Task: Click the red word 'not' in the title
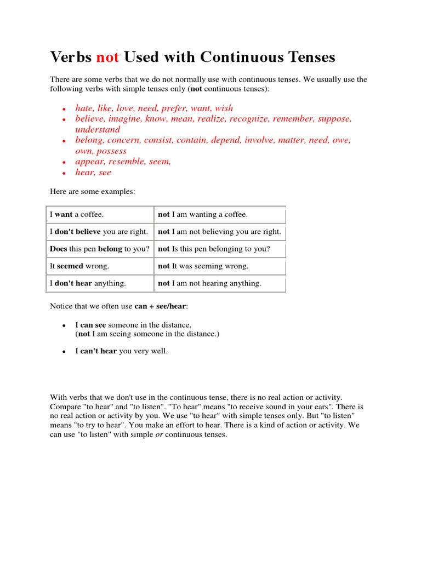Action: [x=108, y=57]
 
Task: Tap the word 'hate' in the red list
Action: [x=84, y=108]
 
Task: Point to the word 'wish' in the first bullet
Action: [x=224, y=108]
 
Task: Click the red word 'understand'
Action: [x=97, y=129]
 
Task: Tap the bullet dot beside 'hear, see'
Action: [x=64, y=173]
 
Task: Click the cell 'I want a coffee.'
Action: [x=77, y=215]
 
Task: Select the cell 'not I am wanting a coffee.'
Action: [x=203, y=215]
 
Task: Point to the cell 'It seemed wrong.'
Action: [x=80, y=266]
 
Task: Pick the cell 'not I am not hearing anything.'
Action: [x=210, y=283]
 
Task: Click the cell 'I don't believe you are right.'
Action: [x=99, y=232]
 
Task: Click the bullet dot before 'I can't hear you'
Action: [x=64, y=352]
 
